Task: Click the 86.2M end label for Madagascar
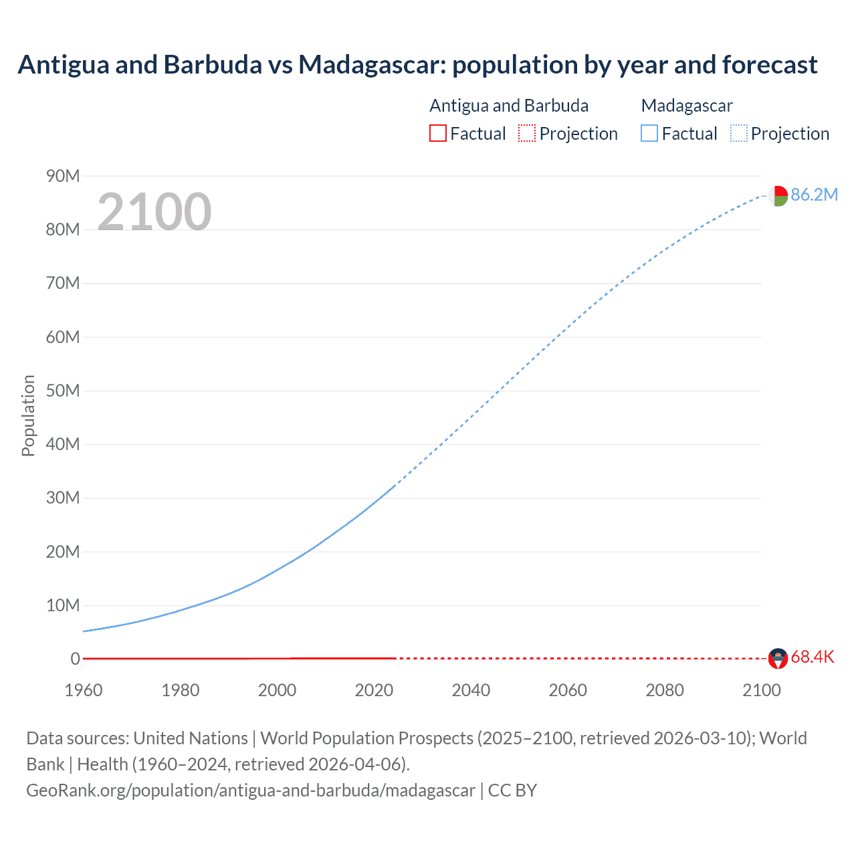[814, 195]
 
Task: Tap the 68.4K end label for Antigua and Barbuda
[812, 657]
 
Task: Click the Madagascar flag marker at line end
[778, 196]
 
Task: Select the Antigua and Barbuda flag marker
[778, 659]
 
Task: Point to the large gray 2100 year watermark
[154, 212]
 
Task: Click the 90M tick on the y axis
[63, 176]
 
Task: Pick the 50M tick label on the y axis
[63, 391]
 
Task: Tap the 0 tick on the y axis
[75, 659]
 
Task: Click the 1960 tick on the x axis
[84, 690]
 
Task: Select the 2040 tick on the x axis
[471, 690]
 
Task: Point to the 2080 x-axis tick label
[665, 690]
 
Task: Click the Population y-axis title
[28, 415]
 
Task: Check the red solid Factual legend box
[438, 133]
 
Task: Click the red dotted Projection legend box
[527, 133]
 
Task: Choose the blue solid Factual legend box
[649, 133]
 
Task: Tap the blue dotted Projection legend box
[739, 133]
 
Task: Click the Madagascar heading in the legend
[687, 106]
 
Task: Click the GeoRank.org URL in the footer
[251, 790]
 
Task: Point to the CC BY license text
[512, 790]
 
